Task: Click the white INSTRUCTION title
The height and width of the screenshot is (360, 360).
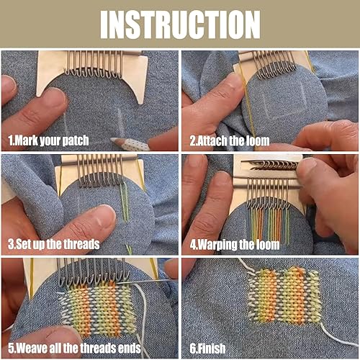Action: tap(180, 24)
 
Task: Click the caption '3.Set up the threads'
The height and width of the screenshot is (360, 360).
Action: tap(54, 245)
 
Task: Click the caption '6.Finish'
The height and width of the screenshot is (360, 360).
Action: tap(207, 348)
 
